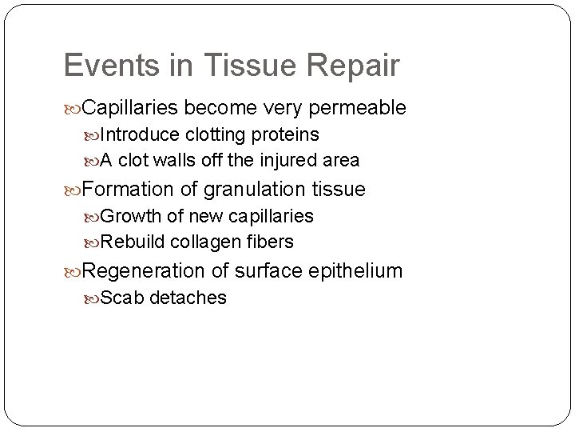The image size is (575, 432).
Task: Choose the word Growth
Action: pos(131,216)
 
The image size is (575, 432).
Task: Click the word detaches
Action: pos(188,298)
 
